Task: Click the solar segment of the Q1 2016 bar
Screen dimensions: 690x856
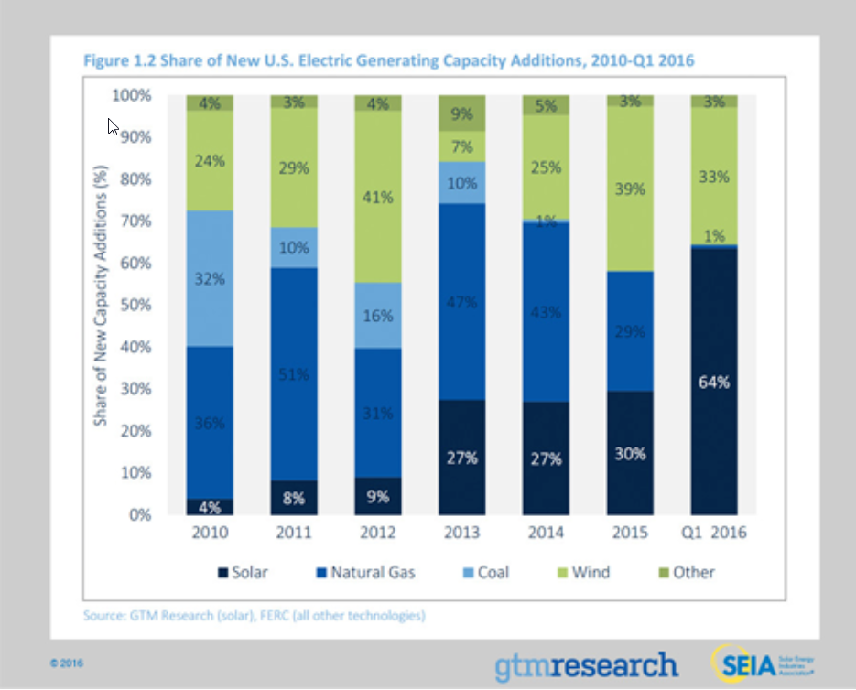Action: click(x=714, y=382)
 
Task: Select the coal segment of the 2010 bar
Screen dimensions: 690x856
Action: click(x=210, y=278)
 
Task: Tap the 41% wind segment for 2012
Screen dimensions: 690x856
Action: click(x=378, y=197)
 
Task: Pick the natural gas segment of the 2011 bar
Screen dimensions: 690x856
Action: click(x=294, y=373)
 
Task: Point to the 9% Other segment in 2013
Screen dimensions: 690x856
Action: click(x=462, y=113)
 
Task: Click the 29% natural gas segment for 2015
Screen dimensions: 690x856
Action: click(x=631, y=331)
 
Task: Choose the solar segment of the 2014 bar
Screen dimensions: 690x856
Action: click(x=547, y=458)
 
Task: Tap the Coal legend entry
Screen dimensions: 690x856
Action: click(x=484, y=572)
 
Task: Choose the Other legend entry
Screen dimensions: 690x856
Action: click(x=685, y=572)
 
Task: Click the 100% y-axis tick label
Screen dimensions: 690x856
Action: click(x=131, y=95)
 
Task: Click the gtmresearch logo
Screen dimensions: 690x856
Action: click(x=586, y=664)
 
